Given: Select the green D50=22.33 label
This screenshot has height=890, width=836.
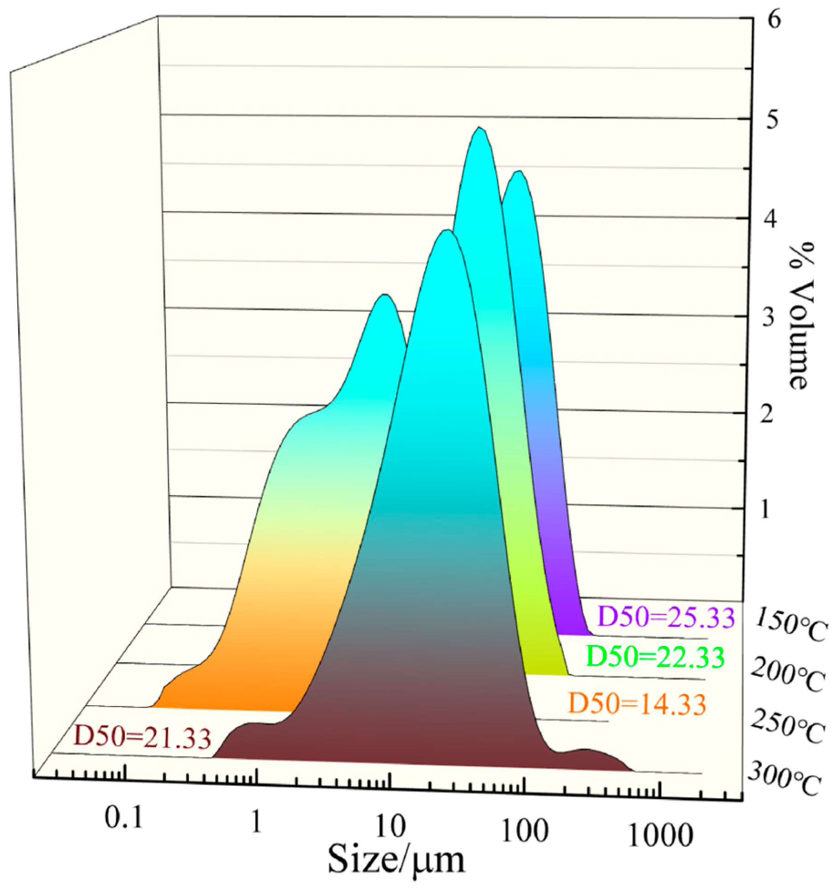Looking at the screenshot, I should (x=655, y=657).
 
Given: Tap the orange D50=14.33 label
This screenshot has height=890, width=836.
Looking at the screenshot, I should (x=637, y=703).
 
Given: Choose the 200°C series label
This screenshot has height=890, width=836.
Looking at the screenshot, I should (x=788, y=675).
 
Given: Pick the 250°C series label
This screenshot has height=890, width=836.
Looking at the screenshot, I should (x=788, y=727).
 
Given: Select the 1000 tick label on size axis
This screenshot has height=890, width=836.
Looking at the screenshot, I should (x=660, y=836).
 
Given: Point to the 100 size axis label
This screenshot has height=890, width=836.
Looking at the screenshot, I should (x=524, y=831).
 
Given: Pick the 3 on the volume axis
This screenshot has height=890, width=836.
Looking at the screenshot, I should (x=768, y=317).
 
